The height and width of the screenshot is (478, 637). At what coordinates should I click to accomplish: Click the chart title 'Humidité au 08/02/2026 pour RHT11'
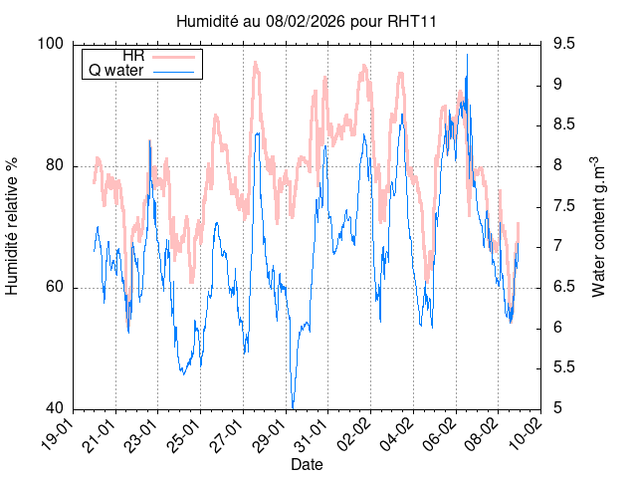pyautogui.click(x=306, y=20)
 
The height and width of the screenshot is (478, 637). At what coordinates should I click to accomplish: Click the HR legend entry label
pyautogui.click(x=132, y=56)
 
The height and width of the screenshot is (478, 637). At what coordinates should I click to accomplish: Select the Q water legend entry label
pyautogui.click(x=116, y=71)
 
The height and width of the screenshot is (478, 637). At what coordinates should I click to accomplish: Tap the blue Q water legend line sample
pyautogui.click(x=175, y=71)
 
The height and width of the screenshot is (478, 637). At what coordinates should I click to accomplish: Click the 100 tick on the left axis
pyautogui.click(x=51, y=44)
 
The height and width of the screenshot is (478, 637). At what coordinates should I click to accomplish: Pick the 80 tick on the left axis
pyautogui.click(x=55, y=165)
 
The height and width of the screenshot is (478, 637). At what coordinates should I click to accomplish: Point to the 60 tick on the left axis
pyautogui.click(x=55, y=288)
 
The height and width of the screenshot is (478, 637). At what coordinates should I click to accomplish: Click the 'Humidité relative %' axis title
pyautogui.click(x=14, y=226)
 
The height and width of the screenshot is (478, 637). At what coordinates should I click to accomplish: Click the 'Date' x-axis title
pyautogui.click(x=307, y=464)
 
